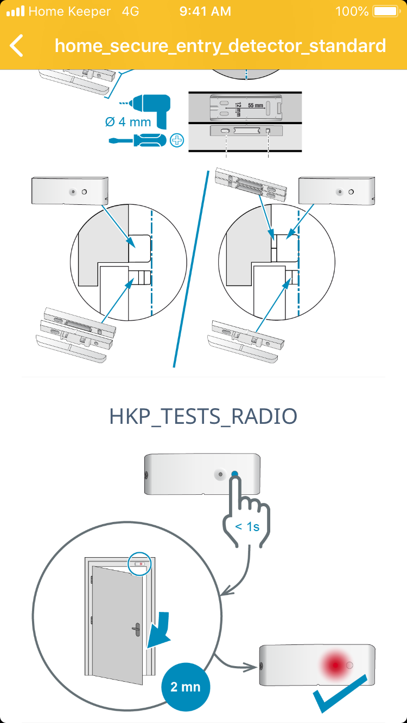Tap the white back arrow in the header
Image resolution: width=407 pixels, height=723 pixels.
[x=16, y=46]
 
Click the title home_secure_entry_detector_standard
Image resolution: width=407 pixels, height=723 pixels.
[x=220, y=46]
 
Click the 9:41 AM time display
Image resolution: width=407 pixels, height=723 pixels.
[x=205, y=11]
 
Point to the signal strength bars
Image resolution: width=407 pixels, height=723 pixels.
[x=16, y=11]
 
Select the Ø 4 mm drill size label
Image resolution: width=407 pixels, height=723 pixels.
[x=128, y=122]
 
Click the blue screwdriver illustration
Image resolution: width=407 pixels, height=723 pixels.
[x=137, y=140]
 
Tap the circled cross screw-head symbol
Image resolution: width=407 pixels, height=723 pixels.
[x=177, y=140]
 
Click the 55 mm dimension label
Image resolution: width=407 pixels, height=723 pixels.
[x=256, y=105]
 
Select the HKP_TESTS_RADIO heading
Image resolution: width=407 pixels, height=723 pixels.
[x=203, y=416]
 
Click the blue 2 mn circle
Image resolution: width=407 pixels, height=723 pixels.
[x=186, y=687]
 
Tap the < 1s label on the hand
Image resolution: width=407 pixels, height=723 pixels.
[x=247, y=527]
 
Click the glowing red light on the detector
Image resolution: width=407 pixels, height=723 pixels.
[x=335, y=665]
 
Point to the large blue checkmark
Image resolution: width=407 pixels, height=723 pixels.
[x=340, y=693]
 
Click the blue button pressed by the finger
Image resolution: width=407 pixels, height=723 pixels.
[x=234, y=474]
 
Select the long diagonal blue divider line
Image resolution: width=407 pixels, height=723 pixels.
[x=191, y=269]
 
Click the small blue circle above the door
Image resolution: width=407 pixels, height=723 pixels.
[x=139, y=564]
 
